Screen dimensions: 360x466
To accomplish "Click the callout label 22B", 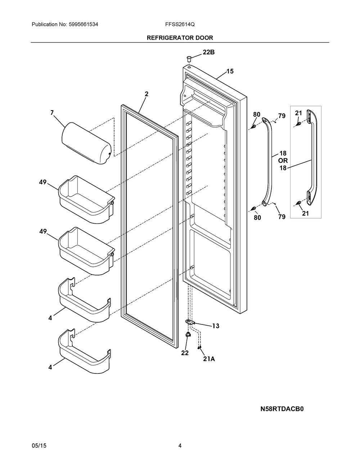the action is [x=208, y=52].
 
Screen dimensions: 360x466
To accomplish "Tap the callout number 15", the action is [x=230, y=71].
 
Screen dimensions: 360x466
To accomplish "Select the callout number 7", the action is [x=52, y=113].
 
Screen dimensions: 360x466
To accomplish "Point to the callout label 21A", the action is [x=209, y=359].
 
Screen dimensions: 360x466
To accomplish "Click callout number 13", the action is [x=216, y=326].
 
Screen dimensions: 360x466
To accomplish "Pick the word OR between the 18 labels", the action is [x=283, y=161].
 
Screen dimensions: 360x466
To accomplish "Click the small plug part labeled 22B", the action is [x=189, y=58].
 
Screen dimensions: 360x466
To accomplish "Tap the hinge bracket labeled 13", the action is [x=190, y=322].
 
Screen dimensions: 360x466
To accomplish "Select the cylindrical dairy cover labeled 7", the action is [x=86, y=143].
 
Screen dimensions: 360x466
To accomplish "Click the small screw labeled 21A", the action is [x=200, y=347].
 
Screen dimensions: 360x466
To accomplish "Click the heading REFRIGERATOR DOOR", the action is [x=180, y=38].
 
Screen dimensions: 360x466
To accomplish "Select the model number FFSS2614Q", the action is [x=180, y=24].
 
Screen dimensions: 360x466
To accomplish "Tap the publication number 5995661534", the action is [x=84, y=24].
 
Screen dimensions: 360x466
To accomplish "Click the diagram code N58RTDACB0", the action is [x=282, y=409].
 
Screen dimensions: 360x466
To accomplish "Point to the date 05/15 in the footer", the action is [x=39, y=445].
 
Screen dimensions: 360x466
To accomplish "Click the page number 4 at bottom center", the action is [x=180, y=445].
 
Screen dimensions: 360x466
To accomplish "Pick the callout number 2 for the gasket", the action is [x=147, y=94].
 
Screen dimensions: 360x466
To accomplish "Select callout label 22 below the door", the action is [x=185, y=353].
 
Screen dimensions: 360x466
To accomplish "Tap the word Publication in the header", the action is [x=45, y=24].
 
